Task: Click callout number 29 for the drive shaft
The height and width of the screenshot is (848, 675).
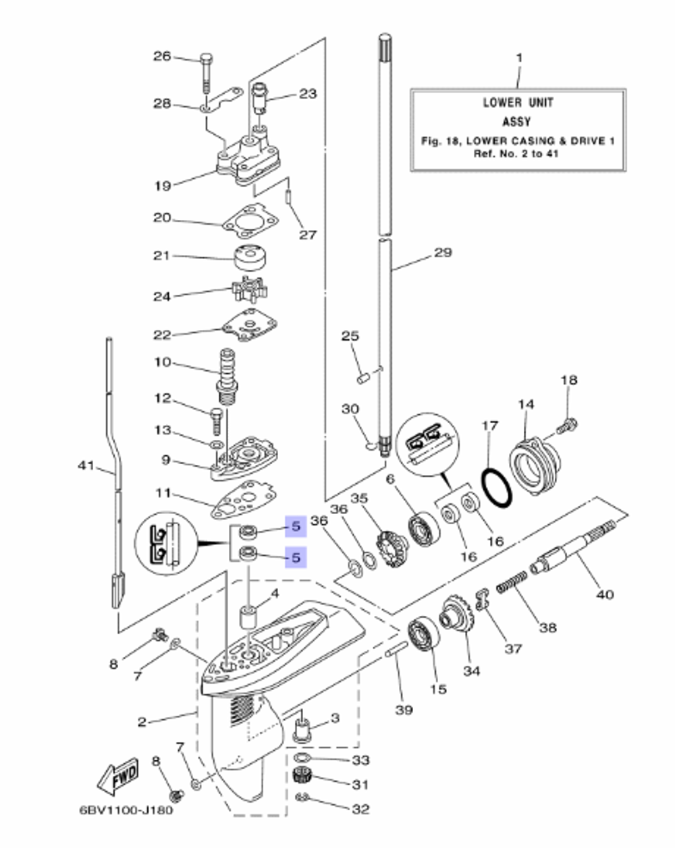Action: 443,253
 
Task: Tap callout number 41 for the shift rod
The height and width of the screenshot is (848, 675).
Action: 86,465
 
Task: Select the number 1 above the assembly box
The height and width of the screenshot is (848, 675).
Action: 518,58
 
